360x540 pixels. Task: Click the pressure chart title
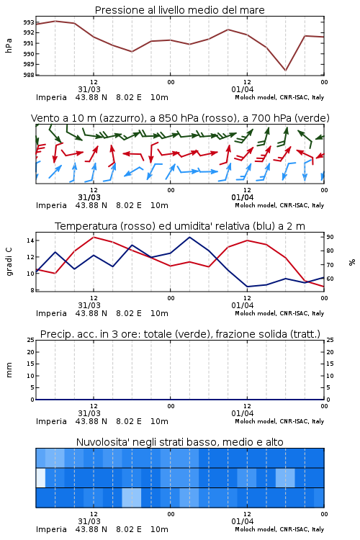179,10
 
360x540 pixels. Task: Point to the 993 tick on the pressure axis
29,22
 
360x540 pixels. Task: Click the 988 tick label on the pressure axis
29,75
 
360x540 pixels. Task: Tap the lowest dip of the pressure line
285,71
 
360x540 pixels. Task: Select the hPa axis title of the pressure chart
9,45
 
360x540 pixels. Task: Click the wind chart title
180,118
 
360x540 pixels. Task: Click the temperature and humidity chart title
180,226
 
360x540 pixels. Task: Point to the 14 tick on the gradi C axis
30,240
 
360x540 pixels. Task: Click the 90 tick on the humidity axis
330,237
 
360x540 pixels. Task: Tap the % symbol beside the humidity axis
352,262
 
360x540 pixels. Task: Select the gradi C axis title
9,261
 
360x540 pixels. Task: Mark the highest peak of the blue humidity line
189,237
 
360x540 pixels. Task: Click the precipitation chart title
180,334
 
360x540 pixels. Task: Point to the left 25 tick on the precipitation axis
31,340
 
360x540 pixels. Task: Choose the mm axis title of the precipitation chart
9,370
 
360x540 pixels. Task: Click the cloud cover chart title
179,442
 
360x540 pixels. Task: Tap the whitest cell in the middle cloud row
41,477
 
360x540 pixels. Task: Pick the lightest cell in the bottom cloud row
132,498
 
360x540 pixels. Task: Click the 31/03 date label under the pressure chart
89,89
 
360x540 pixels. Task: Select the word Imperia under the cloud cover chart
51,529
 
